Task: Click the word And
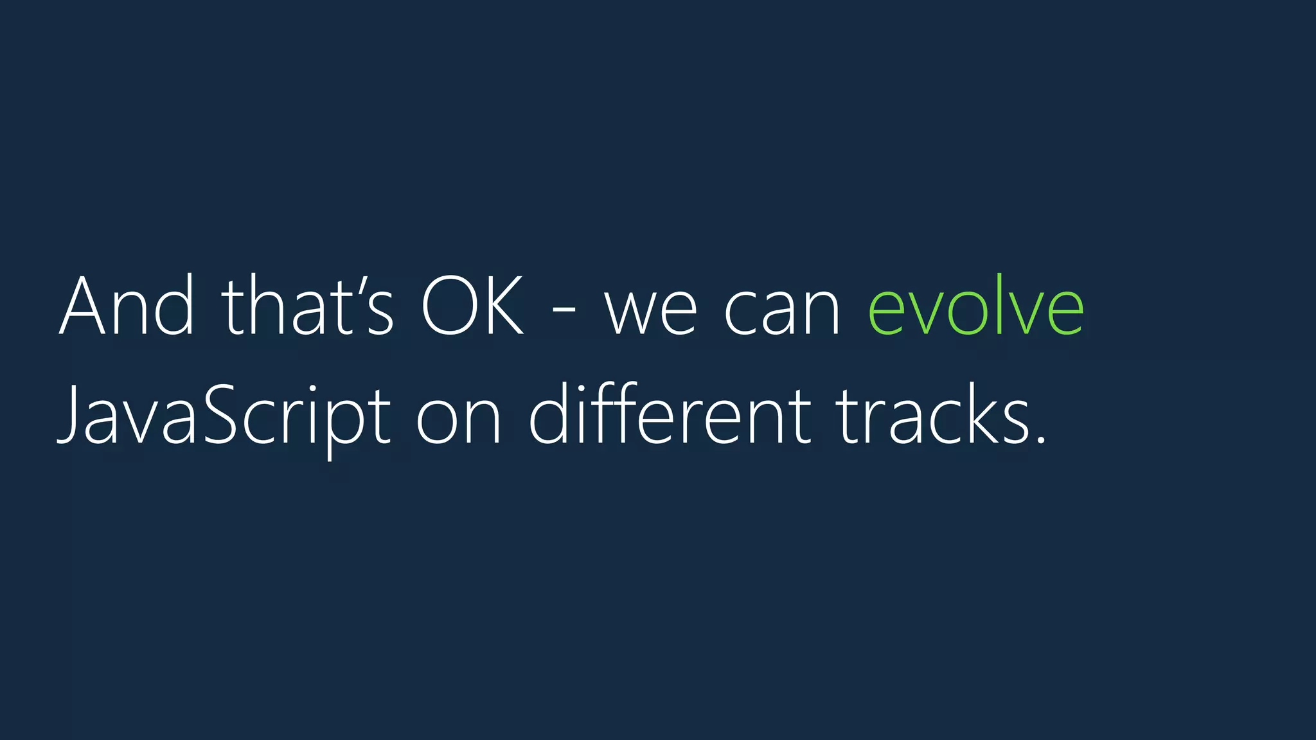(x=126, y=306)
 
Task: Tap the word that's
(x=307, y=306)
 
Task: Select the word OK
(x=472, y=306)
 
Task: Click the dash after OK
(x=564, y=313)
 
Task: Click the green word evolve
(x=975, y=306)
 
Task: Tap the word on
(x=458, y=421)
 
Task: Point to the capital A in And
(x=81, y=306)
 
